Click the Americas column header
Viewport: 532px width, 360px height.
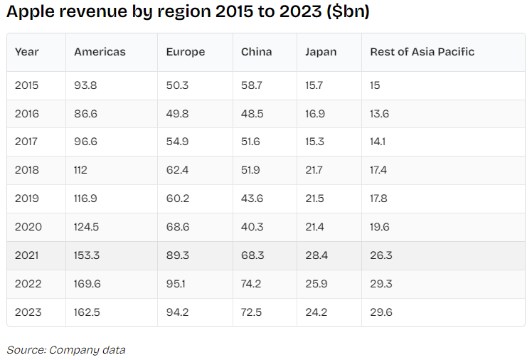100,52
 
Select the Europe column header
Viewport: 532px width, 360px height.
185,52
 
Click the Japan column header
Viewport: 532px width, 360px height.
321,52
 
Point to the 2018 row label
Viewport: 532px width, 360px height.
28,170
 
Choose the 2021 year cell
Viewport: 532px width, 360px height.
27,255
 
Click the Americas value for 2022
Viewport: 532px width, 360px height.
87,284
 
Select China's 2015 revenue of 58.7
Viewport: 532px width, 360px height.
251,85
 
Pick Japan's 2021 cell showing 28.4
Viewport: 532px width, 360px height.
316,255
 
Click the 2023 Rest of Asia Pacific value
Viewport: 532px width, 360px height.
381,312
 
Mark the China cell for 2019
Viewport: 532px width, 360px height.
251,198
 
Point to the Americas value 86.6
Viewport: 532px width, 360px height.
86,114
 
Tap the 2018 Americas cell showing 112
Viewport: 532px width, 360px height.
82,170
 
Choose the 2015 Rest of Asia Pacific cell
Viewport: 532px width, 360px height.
375,85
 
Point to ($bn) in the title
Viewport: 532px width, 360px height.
346,13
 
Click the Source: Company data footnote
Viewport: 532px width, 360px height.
66,349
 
